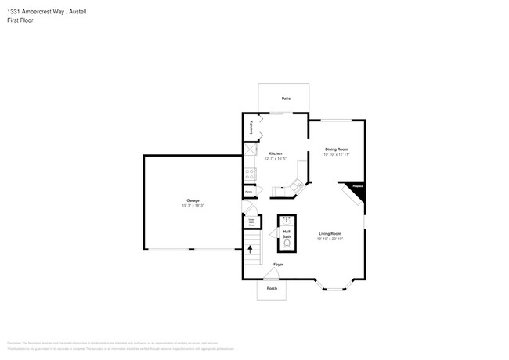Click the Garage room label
tap(193, 200)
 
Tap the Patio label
tap(287, 99)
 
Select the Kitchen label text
tap(276, 153)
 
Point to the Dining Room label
tap(336, 149)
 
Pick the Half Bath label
tap(287, 234)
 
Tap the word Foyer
tap(278, 265)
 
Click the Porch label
tap(272, 287)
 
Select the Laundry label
tap(251, 128)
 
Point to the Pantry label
tap(248, 190)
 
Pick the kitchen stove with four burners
tap(251, 173)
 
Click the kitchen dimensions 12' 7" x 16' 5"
tap(276, 159)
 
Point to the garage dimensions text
tap(193, 206)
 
